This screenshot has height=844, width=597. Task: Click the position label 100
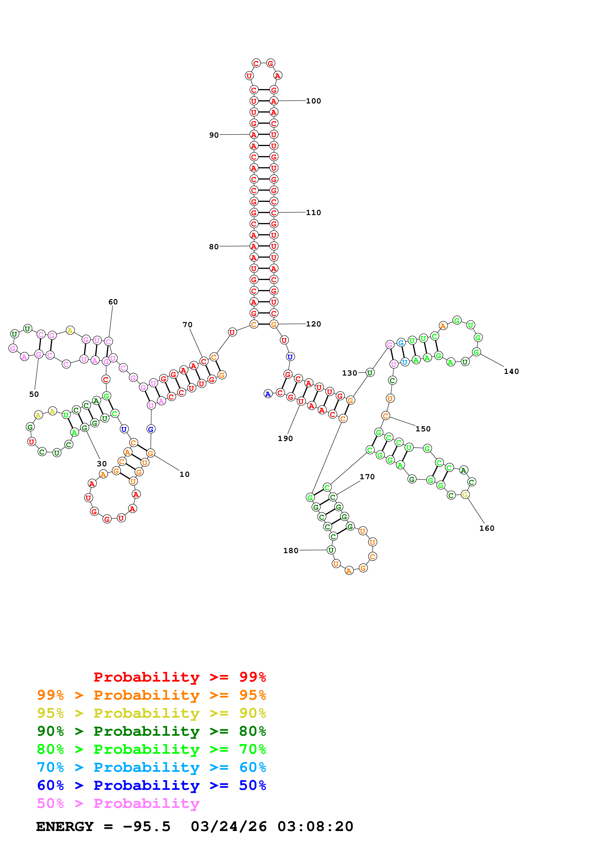coord(313,101)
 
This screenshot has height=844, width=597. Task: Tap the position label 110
coord(313,212)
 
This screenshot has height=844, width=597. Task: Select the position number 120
coord(313,324)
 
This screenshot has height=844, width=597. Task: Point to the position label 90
coord(214,135)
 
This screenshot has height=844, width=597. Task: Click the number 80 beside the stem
coord(214,247)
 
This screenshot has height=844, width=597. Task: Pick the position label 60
coord(113,302)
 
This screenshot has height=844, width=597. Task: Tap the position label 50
coord(34,394)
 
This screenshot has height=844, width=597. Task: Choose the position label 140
coord(511,371)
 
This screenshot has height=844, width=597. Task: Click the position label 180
coord(291,551)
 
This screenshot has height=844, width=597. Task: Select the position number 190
coord(285,439)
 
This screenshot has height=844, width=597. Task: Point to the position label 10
coord(184,474)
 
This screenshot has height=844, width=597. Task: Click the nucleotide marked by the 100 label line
coord(273,101)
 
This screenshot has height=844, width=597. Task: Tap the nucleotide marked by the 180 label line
coord(331,550)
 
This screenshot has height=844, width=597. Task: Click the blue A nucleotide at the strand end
coord(268,394)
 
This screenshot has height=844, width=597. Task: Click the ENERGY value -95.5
coord(146,827)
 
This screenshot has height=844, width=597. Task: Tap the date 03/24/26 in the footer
coord(229,827)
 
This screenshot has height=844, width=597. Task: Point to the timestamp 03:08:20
coord(315,827)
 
